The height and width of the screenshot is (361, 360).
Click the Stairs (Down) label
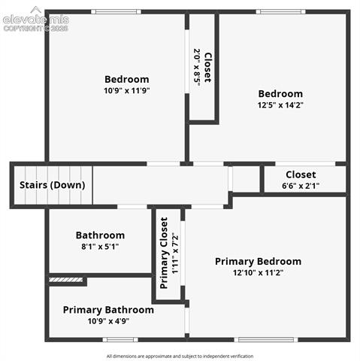click(x=53, y=185)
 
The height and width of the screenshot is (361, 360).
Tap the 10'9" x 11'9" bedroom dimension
click(x=127, y=90)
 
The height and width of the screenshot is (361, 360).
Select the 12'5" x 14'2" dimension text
click(x=280, y=105)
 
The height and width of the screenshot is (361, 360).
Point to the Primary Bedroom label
click(x=258, y=262)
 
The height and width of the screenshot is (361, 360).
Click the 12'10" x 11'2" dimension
click(x=258, y=272)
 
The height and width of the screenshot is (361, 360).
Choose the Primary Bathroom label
click(x=108, y=310)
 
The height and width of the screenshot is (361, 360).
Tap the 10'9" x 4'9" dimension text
click(x=108, y=321)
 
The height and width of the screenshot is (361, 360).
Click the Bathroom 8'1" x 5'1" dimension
click(x=100, y=247)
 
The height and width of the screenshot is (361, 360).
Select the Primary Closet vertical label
click(x=164, y=253)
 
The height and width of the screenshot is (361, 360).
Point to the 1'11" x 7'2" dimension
click(x=175, y=253)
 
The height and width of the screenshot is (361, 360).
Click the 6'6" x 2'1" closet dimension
click(x=301, y=186)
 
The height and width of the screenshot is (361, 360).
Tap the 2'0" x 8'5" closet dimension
click(x=197, y=67)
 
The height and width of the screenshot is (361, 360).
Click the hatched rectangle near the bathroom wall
click(x=65, y=280)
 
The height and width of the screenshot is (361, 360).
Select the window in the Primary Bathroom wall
click(x=120, y=340)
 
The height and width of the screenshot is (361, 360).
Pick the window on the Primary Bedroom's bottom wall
click(x=266, y=340)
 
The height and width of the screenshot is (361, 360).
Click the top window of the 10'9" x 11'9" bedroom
click(x=116, y=11)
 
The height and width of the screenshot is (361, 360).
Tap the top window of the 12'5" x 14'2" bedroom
click(x=280, y=11)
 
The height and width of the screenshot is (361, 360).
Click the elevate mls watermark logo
click(x=36, y=20)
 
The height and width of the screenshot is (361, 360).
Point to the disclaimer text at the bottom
click(x=180, y=356)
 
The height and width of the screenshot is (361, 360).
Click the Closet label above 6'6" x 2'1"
click(x=301, y=174)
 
